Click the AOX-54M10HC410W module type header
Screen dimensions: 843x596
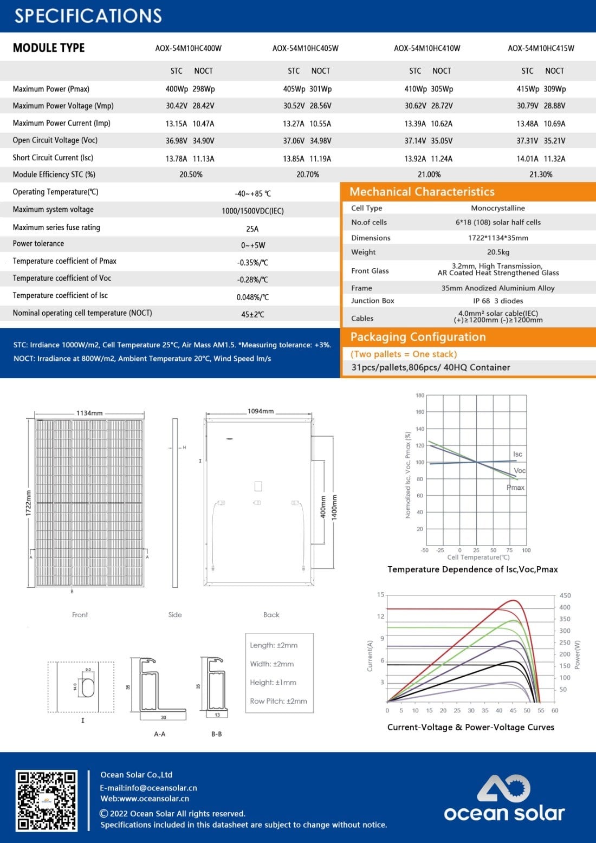click(427, 48)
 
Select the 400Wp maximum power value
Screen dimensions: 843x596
click(177, 89)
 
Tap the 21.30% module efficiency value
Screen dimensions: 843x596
click(541, 174)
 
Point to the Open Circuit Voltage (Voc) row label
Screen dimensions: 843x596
click(55, 140)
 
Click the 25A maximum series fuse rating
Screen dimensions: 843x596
click(252, 229)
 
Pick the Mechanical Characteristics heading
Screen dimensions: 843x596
click(422, 192)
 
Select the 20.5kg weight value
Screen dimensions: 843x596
click(498, 252)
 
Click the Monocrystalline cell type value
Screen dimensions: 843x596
click(498, 208)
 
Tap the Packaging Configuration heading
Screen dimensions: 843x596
click(418, 337)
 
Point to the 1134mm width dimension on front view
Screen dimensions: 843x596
click(89, 413)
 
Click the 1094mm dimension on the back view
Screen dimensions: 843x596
click(261, 411)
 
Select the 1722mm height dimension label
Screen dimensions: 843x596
click(28, 503)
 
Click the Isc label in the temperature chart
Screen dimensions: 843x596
click(517, 454)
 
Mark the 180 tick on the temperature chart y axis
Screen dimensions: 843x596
click(420, 395)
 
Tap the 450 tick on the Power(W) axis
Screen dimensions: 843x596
click(565, 595)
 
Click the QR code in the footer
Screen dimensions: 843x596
click(46, 800)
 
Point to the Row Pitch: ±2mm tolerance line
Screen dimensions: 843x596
click(278, 701)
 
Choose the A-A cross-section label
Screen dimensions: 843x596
click(160, 734)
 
